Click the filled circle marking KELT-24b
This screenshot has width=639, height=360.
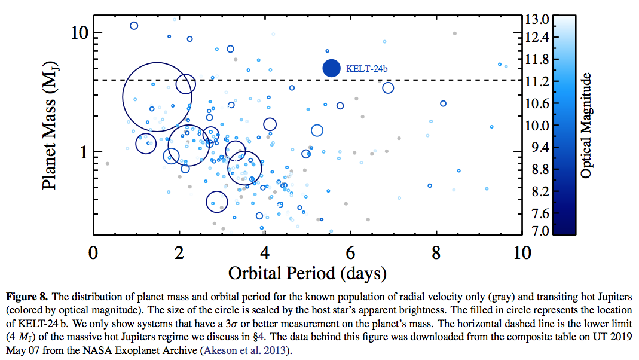pyautogui.click(x=332, y=68)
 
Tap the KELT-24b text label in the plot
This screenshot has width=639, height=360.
pyautogui.click(x=367, y=69)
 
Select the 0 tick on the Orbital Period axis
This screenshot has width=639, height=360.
pyautogui.click(x=93, y=252)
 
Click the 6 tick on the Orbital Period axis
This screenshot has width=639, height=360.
pyautogui.click(x=351, y=252)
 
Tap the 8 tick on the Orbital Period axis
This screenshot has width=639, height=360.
pyautogui.click(x=437, y=252)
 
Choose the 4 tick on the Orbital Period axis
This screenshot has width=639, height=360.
pyautogui.click(x=265, y=252)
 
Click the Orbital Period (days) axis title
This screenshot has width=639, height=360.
pyautogui.click(x=307, y=273)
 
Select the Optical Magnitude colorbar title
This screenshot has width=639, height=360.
pyautogui.click(x=586, y=126)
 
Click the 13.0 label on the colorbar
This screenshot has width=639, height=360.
pyautogui.click(x=537, y=19)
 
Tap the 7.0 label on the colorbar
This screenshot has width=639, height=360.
pyautogui.click(x=537, y=231)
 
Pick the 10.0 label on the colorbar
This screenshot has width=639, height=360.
pyautogui.click(x=537, y=126)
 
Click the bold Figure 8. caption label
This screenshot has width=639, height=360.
pyautogui.click(x=26, y=297)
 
